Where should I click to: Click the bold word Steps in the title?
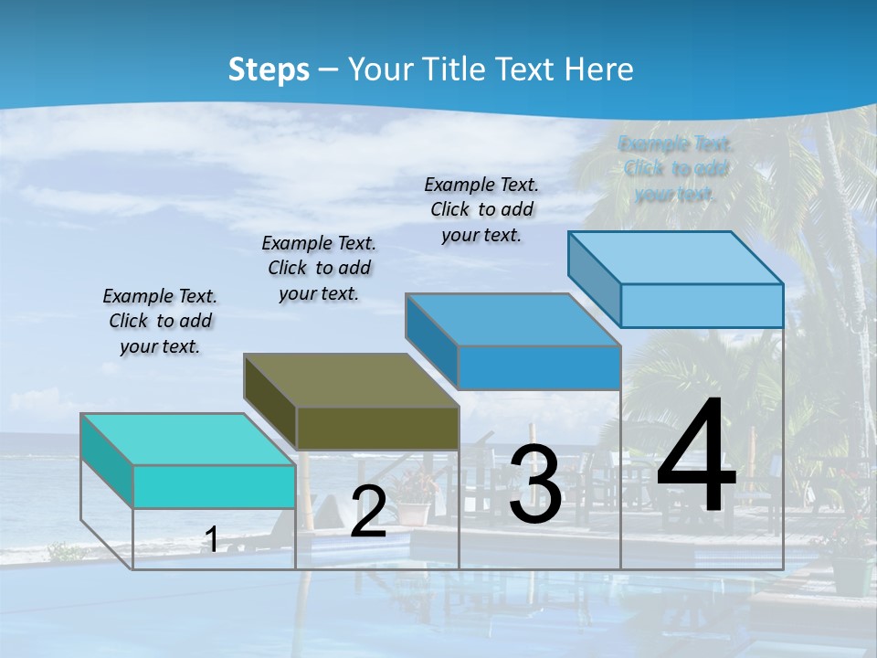[269, 69]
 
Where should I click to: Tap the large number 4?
[696, 457]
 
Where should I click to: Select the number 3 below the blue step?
[535, 484]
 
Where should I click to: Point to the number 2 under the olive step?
[368, 512]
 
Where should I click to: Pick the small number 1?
[212, 539]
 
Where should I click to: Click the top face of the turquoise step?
[187, 440]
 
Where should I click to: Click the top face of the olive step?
[351, 380]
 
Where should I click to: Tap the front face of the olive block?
[377, 428]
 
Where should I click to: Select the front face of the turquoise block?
[214, 486]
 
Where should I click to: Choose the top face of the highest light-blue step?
[676, 258]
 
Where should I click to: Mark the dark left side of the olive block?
[270, 402]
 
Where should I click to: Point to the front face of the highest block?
[702, 305]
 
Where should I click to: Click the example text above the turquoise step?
[160, 321]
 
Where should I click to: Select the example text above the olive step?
[319, 268]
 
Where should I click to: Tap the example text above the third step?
[481, 209]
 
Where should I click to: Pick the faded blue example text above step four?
[676, 168]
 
